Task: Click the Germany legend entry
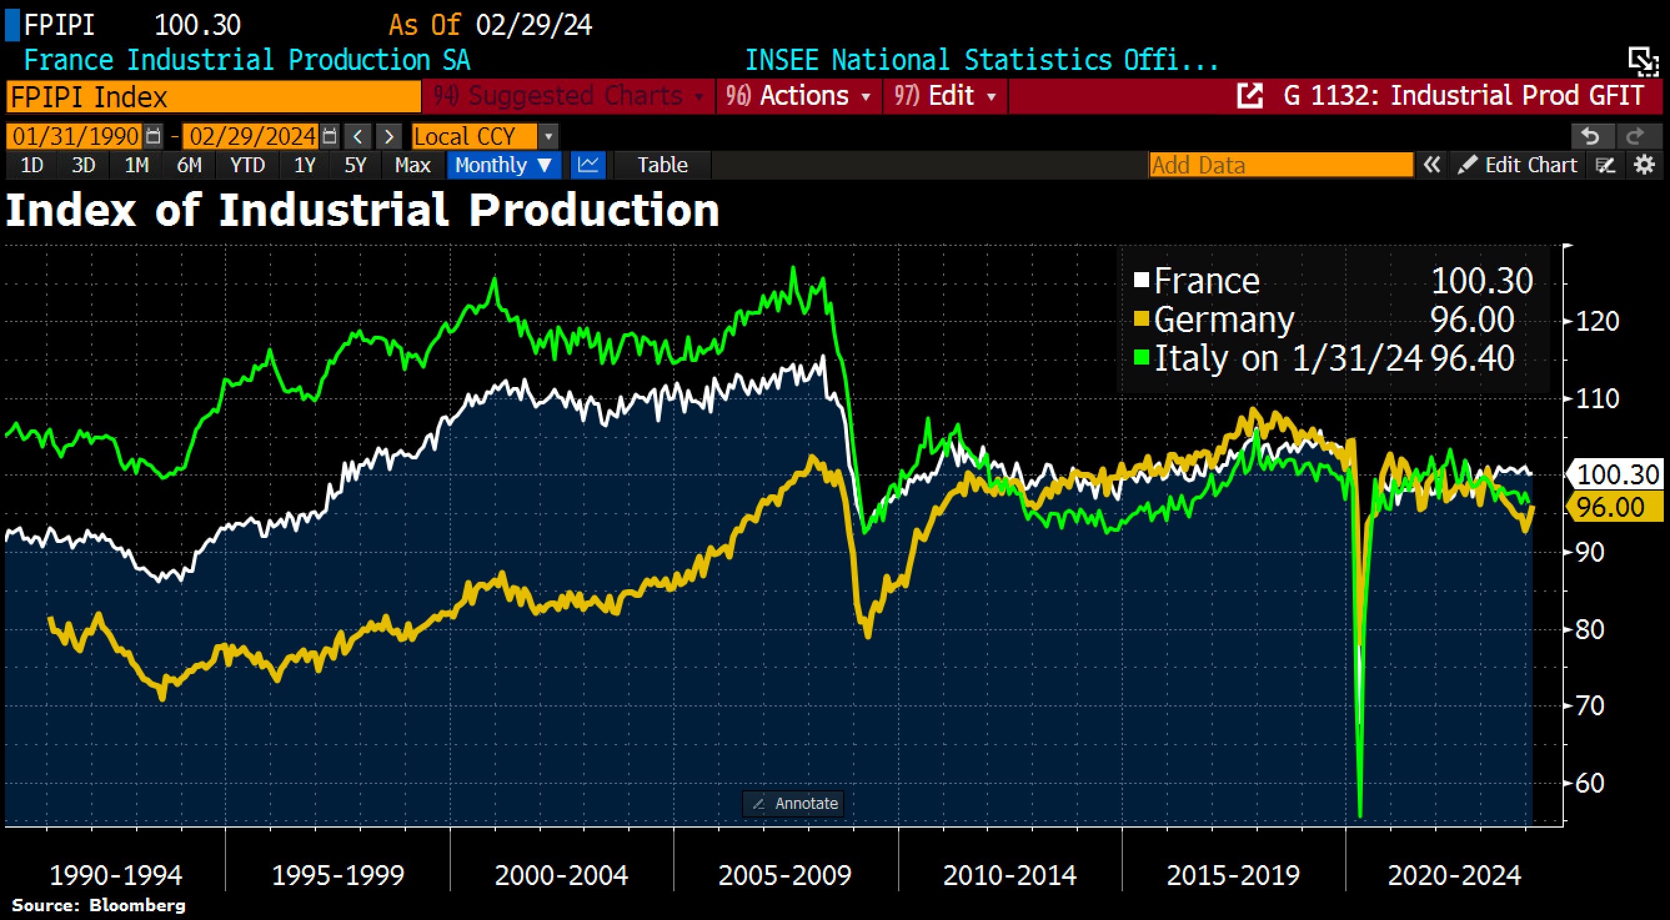(x=1223, y=320)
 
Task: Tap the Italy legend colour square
(x=1142, y=358)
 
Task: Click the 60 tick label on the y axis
(x=1589, y=783)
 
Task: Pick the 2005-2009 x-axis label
(x=784, y=875)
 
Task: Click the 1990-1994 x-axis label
(x=116, y=875)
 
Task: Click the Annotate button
(x=794, y=803)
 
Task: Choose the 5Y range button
(x=355, y=165)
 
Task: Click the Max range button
(x=412, y=165)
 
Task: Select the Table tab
(x=662, y=165)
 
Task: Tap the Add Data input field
(x=1280, y=165)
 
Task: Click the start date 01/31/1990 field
(x=76, y=137)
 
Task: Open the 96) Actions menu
(x=798, y=96)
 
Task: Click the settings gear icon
(x=1645, y=165)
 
